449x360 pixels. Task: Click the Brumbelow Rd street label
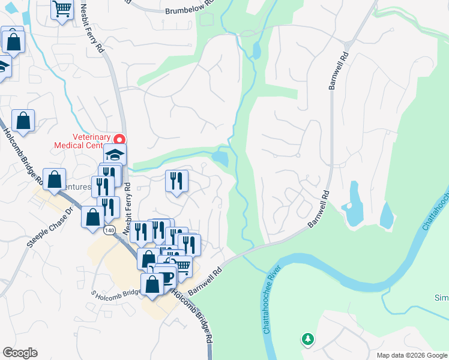point(189,11)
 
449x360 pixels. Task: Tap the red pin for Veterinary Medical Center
point(119,139)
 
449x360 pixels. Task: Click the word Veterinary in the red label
point(91,136)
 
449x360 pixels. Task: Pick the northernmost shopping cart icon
point(62,10)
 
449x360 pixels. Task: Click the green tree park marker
point(307,340)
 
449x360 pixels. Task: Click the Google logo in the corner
point(20,353)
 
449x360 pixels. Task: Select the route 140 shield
point(109,230)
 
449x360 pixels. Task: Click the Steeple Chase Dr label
point(50,228)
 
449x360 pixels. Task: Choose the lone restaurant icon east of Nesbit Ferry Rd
point(176,181)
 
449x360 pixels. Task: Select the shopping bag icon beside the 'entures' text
point(55,179)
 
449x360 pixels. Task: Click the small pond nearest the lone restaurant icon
point(220,158)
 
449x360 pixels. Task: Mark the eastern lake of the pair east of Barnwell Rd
point(387,216)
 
